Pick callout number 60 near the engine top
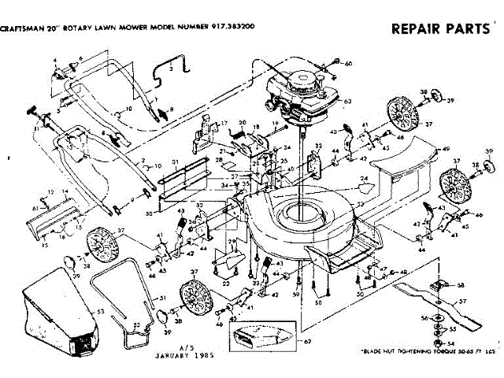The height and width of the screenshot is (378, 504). click(349, 63)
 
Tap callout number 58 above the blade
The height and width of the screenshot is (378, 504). click(461, 285)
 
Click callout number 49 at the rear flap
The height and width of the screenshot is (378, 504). click(446, 149)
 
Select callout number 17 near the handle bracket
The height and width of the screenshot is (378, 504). click(224, 124)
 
